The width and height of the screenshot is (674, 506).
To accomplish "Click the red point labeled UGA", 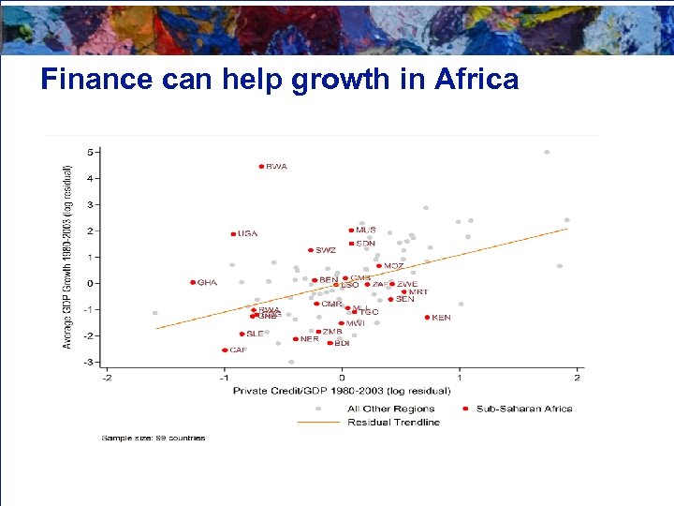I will (x=233, y=234).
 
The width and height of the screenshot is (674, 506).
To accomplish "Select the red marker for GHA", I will (x=193, y=282).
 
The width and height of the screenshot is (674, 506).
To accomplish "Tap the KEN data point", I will (x=427, y=318).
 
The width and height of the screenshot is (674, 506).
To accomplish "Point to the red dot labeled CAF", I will (x=225, y=350).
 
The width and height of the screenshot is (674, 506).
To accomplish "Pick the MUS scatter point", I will (x=351, y=231).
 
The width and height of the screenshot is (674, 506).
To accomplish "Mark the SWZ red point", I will (x=311, y=250).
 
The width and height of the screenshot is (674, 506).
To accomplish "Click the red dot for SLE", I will (x=242, y=335).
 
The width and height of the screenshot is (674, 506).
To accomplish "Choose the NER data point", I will (x=296, y=339).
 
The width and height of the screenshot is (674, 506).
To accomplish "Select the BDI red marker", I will (x=330, y=343).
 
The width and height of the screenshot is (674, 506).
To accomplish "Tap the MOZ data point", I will (x=379, y=266).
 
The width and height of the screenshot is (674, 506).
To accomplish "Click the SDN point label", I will (x=365, y=244).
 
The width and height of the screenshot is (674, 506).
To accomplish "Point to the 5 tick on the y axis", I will (x=90, y=152).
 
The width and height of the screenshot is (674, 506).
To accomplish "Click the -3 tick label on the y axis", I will (x=88, y=362).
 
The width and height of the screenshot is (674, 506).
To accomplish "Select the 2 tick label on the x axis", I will (x=578, y=379).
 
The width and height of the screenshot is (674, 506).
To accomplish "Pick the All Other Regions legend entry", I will (x=390, y=409).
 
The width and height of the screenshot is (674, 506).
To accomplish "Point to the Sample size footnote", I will (x=154, y=438).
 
